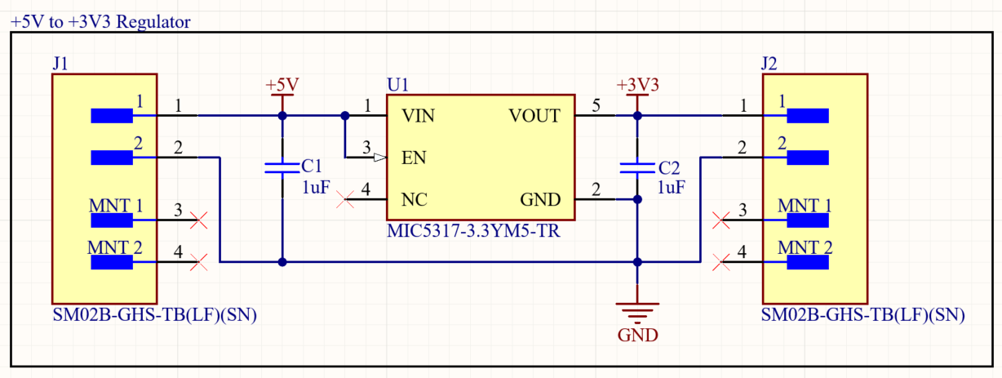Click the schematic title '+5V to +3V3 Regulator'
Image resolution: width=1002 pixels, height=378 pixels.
(x=101, y=22)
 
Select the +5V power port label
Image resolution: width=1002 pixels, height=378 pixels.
(x=282, y=85)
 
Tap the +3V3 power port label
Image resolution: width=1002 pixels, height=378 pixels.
(x=637, y=85)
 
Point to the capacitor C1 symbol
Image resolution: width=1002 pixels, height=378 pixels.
(x=282, y=168)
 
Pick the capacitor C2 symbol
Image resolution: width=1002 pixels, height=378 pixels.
(x=637, y=168)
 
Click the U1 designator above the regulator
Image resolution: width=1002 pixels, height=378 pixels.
(x=397, y=85)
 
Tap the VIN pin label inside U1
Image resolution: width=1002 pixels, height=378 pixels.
(x=418, y=116)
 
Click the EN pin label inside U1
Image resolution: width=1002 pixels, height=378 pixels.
(x=414, y=158)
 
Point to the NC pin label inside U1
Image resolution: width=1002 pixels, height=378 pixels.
(x=414, y=200)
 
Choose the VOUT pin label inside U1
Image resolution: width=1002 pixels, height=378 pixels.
(x=534, y=116)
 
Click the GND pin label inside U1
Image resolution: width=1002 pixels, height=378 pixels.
(x=540, y=200)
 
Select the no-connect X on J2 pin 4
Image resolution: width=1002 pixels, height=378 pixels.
(x=720, y=262)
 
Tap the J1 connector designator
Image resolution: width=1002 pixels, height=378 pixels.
(x=60, y=63)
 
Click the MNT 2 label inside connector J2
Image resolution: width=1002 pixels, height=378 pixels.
(x=804, y=247)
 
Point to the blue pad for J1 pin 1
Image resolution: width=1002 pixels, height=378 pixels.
(x=111, y=116)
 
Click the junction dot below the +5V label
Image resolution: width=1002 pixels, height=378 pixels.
(x=282, y=116)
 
